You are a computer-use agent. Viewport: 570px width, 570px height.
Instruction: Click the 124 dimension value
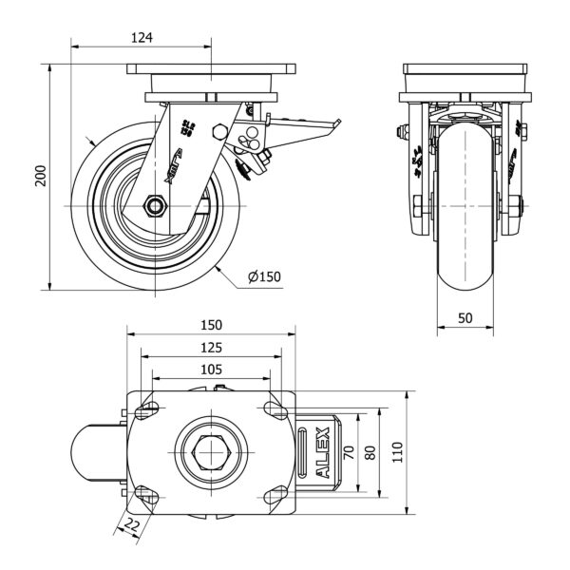pos(142,38)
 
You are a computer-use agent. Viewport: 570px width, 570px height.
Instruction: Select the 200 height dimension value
pos(40,176)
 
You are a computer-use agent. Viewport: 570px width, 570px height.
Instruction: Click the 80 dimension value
pos(373,452)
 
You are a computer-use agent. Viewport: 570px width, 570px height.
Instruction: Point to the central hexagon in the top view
pos(210,452)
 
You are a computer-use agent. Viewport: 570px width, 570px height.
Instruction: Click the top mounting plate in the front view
pos(465,73)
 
